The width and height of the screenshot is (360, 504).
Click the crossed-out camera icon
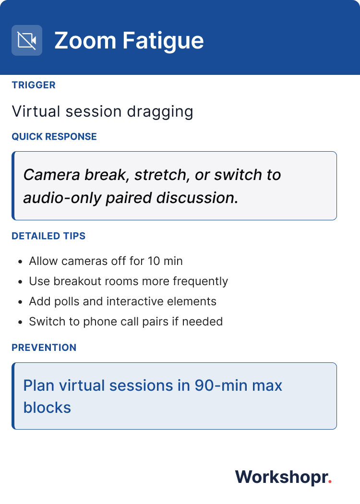(27, 40)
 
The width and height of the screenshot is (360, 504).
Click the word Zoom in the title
(85, 40)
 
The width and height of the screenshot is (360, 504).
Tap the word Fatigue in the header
(163, 41)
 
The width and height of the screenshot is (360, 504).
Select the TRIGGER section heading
(34, 85)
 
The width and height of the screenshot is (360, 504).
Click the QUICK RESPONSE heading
(54, 137)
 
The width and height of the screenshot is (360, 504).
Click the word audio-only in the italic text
(62, 198)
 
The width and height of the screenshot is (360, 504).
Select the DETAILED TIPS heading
(48, 236)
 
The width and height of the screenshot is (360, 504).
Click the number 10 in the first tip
(154, 261)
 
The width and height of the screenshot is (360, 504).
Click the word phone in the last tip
(100, 322)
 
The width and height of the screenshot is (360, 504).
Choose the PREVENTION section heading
(44, 348)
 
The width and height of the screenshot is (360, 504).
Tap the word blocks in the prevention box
(47, 408)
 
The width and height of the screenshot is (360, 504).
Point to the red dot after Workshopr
(330, 482)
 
